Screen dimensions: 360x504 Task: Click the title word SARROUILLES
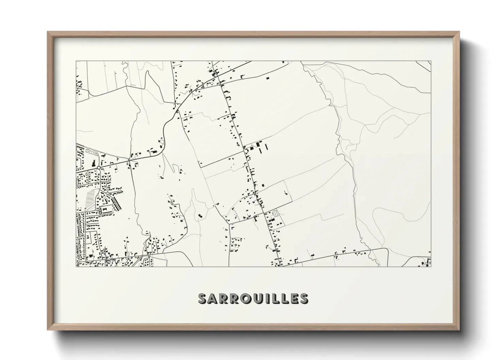click(x=253, y=298)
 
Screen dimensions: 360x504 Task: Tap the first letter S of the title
click(x=203, y=298)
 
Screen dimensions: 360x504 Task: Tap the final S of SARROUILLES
click(x=303, y=298)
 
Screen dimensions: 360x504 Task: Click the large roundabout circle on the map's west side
click(x=98, y=168)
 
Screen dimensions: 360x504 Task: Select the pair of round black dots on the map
click(x=200, y=215)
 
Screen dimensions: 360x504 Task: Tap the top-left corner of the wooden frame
click(x=48, y=32)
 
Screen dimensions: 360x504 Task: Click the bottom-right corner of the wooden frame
click(x=459, y=330)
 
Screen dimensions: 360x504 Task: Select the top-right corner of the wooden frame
click(x=459, y=32)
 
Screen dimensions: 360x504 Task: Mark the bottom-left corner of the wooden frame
click(x=48, y=330)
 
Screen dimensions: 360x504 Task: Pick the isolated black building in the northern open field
click(x=267, y=78)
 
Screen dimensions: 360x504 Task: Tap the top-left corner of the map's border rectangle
click(x=76, y=61)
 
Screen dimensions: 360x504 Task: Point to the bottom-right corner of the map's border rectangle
click(x=431, y=266)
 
